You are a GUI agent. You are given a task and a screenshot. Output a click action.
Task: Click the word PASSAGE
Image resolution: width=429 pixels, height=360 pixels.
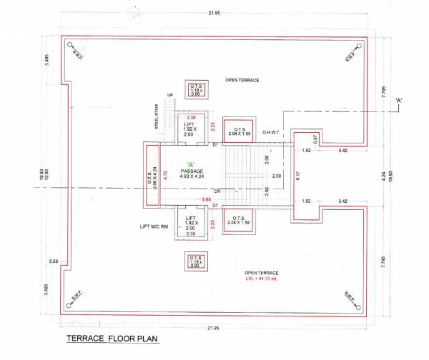tap(192, 172)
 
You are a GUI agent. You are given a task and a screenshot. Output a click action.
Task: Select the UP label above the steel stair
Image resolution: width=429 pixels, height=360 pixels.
tap(169, 94)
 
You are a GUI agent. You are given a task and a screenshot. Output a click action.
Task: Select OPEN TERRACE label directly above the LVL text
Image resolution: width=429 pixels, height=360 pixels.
tap(260, 273)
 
